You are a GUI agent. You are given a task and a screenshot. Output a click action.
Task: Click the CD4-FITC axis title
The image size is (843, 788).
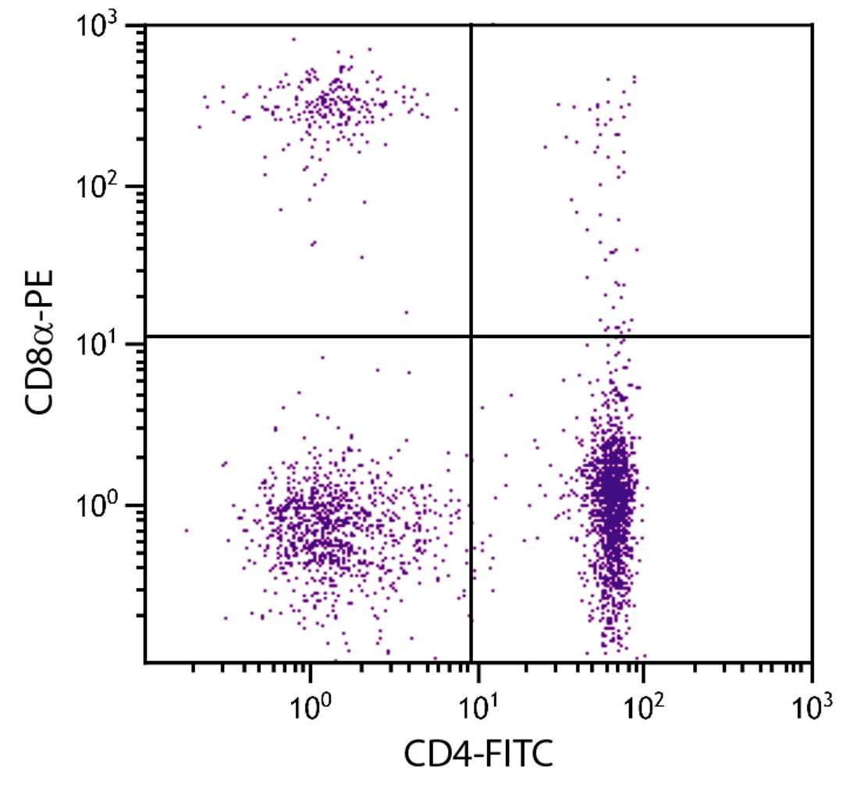(478, 755)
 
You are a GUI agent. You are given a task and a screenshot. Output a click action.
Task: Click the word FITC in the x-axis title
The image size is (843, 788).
(518, 755)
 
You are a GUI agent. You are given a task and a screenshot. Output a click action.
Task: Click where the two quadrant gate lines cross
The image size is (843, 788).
(471, 337)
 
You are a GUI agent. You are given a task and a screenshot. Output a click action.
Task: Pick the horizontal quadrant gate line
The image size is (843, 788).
(640, 337)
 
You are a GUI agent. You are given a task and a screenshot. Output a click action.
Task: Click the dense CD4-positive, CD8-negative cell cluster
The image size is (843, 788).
(613, 500)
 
